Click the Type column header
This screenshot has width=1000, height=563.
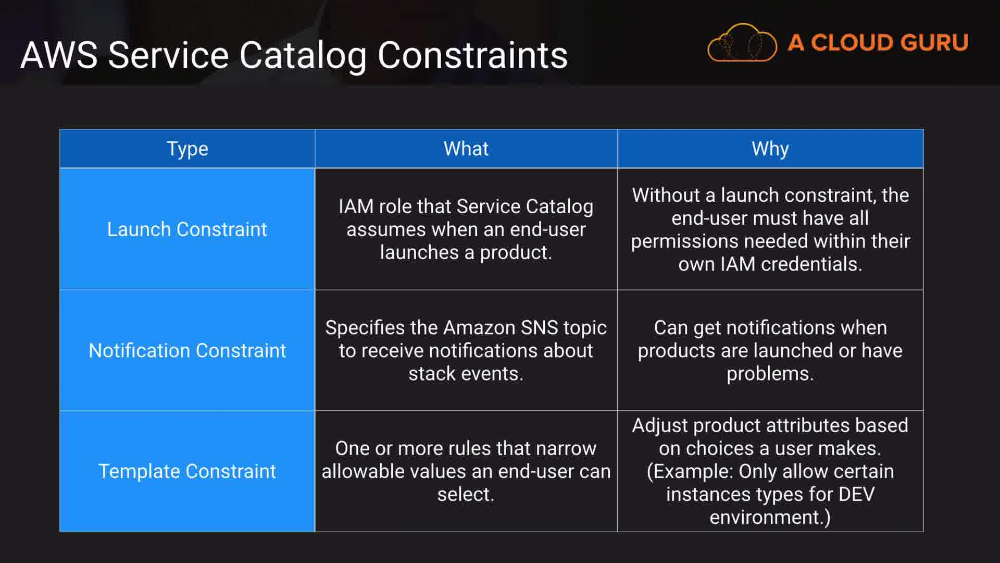[x=187, y=149]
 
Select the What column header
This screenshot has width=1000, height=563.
[x=466, y=149]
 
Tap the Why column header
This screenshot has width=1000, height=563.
[x=770, y=149]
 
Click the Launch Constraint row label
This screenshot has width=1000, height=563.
[x=187, y=229]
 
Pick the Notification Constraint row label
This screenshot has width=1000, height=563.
[x=187, y=350]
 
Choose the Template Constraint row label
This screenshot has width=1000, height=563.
[x=187, y=471]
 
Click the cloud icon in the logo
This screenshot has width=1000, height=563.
[x=742, y=43]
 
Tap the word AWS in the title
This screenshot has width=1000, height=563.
[x=59, y=55]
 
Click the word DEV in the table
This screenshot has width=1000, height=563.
[x=856, y=494]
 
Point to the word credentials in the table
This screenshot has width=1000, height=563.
[x=811, y=264]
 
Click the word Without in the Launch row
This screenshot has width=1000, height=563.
[x=666, y=195]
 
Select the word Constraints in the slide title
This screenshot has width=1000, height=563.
[x=472, y=55]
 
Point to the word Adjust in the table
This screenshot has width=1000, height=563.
[x=660, y=425]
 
